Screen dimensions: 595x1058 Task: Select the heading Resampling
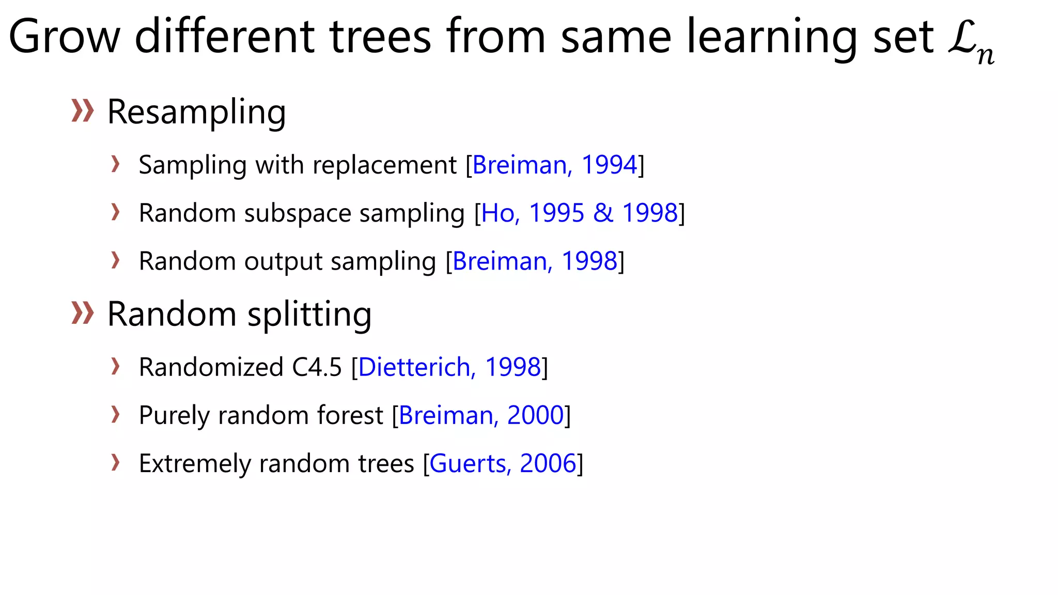click(x=196, y=112)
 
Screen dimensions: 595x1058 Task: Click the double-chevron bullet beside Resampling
click(x=83, y=111)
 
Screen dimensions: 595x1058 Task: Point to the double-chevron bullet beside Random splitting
click(x=83, y=313)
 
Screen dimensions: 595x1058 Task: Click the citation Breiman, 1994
click(x=555, y=165)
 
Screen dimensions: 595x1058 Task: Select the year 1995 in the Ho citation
click(x=556, y=213)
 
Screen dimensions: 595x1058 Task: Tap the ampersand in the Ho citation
click(x=603, y=213)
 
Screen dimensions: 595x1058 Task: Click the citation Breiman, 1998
click(x=535, y=261)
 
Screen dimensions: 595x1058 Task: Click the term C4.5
click(x=317, y=368)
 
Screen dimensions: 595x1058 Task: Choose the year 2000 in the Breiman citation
click(x=535, y=416)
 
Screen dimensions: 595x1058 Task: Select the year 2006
click(x=548, y=464)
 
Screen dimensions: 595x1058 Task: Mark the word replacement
click(x=384, y=165)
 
